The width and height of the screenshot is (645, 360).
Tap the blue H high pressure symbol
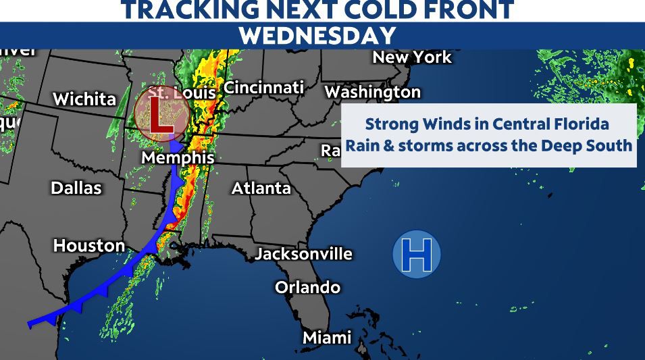(417, 255)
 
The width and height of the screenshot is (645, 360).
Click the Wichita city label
(84, 99)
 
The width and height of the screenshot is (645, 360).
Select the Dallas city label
(76, 188)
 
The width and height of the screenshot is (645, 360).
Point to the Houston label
(89, 245)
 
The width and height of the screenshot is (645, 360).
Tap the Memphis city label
(178, 158)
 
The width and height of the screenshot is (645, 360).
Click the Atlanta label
(261, 188)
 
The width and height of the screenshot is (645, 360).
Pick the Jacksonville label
(304, 253)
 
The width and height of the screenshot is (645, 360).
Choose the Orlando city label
(307, 287)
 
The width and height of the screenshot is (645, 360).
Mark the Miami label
(327, 337)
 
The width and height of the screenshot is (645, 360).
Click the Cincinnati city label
(263, 88)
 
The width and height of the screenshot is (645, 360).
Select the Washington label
(373, 92)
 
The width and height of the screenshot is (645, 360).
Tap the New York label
(412, 57)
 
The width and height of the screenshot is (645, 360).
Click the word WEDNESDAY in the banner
(317, 36)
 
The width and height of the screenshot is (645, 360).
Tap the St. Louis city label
(182, 93)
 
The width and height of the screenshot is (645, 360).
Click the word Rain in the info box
(362, 145)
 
